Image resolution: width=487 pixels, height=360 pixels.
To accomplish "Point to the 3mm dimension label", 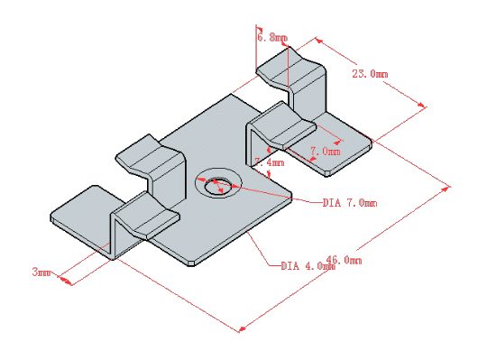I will pos(41,271).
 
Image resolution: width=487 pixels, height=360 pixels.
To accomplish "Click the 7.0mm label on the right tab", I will pos(325,152).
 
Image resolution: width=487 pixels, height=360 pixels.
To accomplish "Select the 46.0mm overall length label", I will pos(344,260).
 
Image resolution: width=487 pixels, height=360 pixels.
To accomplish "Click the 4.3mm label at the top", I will pos(271,38).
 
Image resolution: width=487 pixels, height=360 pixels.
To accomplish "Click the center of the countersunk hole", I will pos(216,186).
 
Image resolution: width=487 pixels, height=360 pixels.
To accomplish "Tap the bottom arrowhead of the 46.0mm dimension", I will pos(240,330).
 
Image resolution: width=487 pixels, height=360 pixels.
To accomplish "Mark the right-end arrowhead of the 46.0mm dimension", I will pos(448,186).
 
